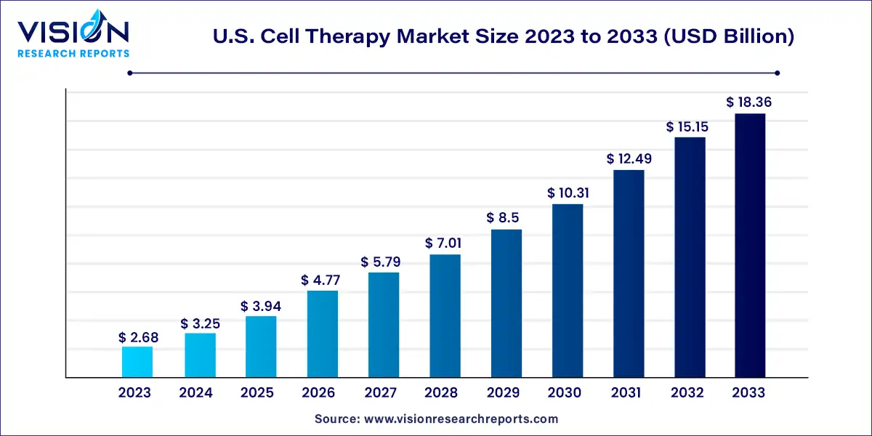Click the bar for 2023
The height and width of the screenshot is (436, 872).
[137, 362]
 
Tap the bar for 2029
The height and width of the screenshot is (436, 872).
[506, 304]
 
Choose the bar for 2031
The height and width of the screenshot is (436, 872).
[629, 274]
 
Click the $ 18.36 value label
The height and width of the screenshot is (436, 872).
[748, 102]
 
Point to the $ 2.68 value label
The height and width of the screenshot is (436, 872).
[138, 337]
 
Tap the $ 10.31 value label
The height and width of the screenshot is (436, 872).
[568, 193]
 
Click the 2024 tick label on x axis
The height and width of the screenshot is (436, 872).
[195, 393]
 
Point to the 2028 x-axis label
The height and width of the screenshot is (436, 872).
[442, 393]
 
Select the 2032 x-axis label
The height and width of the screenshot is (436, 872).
[687, 393]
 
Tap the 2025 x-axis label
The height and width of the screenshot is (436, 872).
[257, 393]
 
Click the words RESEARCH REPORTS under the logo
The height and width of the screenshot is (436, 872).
[73, 54]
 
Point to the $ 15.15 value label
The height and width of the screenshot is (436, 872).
[687, 126]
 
